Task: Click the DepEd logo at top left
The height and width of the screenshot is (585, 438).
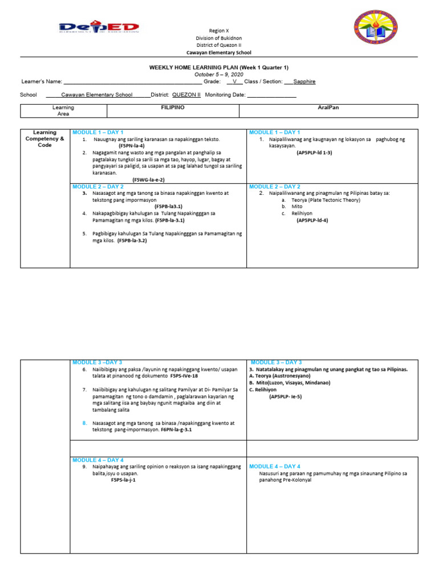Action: pyautogui.click(x=99, y=28)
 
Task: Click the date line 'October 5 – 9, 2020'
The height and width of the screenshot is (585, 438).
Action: pyautogui.click(x=219, y=74)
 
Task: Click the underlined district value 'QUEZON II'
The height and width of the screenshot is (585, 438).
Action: pyautogui.click(x=186, y=95)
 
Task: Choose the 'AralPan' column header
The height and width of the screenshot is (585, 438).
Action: pyautogui.click(x=328, y=107)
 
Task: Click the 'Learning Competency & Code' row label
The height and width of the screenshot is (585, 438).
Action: pyautogui.click(x=45, y=139)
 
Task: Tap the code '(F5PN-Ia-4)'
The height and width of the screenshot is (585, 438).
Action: pyautogui.click(x=132, y=146)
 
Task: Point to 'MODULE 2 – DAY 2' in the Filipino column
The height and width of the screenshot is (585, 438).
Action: pyautogui.click(x=98, y=187)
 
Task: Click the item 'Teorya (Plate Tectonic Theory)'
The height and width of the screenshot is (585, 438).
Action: pyautogui.click(x=326, y=201)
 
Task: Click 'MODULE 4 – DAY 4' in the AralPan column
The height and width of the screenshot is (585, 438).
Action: pyautogui.click(x=275, y=467)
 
